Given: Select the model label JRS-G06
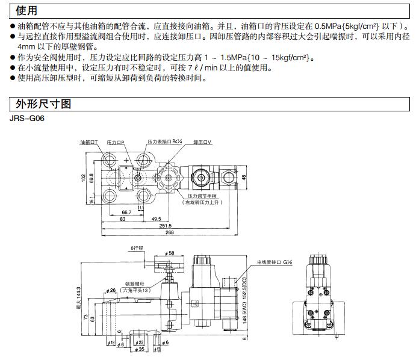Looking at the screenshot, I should pyautogui.click(x=26, y=117).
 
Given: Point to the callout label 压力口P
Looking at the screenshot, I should pyautogui.click(x=116, y=142).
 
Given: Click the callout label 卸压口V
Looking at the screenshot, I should pyautogui.click(x=203, y=142).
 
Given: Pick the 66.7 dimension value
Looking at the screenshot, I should pyautogui.click(x=127, y=213).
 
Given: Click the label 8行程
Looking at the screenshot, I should pyautogui.click(x=137, y=247).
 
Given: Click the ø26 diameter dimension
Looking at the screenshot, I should pyautogui.click(x=112, y=291).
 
